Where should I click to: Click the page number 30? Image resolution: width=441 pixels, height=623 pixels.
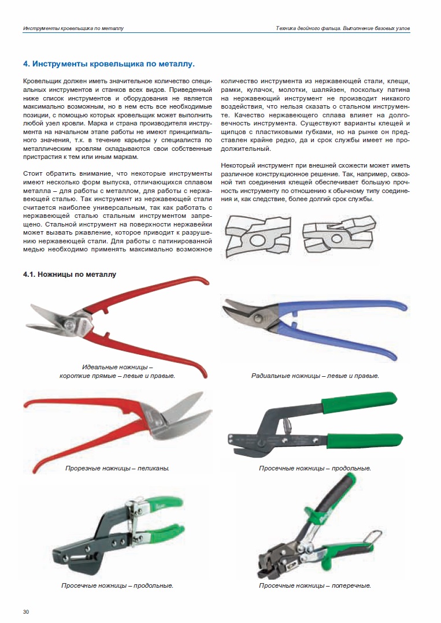26,611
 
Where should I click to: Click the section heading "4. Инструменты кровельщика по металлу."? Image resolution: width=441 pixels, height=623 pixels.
109,64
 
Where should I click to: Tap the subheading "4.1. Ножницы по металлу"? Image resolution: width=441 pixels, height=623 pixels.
69,275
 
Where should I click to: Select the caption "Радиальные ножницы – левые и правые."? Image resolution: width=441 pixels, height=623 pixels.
315,376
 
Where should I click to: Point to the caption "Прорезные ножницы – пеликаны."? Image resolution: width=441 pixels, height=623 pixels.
117,468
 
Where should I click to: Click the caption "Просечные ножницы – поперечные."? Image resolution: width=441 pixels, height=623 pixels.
315,585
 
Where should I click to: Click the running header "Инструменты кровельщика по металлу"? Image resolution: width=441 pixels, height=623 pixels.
73,28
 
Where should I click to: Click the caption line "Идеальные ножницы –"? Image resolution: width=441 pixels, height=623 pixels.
117,367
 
